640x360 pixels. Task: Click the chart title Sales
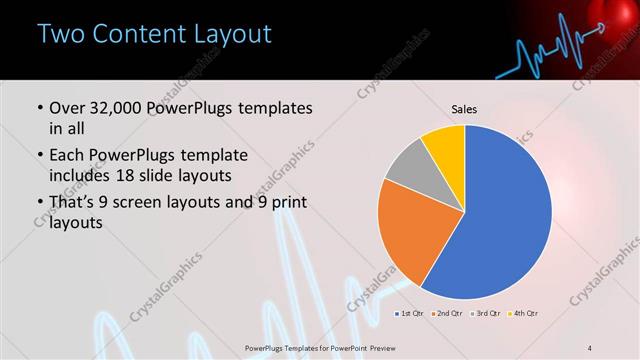pyautogui.click(x=464, y=107)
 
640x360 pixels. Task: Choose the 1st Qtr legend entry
pyautogui.click(x=408, y=314)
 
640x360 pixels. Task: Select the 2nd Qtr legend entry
pyautogui.click(x=445, y=314)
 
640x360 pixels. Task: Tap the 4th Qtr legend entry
pyautogui.click(x=523, y=314)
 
